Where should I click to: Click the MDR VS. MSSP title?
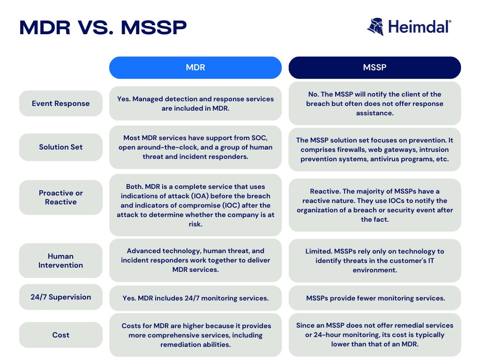click(x=103, y=28)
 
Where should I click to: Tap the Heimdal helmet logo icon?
click(x=375, y=27)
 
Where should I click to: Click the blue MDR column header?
click(x=195, y=67)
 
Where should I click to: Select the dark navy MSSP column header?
click(x=375, y=67)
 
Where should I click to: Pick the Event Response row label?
click(x=60, y=104)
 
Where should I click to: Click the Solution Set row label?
click(x=60, y=147)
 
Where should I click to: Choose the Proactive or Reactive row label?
click(x=60, y=197)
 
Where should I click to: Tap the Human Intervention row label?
click(x=60, y=261)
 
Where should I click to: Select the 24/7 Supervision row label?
click(x=60, y=297)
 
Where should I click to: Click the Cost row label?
click(x=60, y=335)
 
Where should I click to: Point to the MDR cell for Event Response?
click(x=195, y=104)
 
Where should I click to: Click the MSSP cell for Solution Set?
click(x=375, y=150)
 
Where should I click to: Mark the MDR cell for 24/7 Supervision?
click(x=195, y=298)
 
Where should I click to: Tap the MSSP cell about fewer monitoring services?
click(x=375, y=298)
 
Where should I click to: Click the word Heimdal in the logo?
click(x=420, y=27)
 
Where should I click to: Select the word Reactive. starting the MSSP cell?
click(x=325, y=191)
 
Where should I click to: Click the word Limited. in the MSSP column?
click(x=319, y=251)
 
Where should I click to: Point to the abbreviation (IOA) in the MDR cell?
click(x=200, y=196)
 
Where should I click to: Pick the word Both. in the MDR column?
click(x=135, y=187)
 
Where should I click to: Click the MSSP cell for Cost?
click(x=375, y=335)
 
